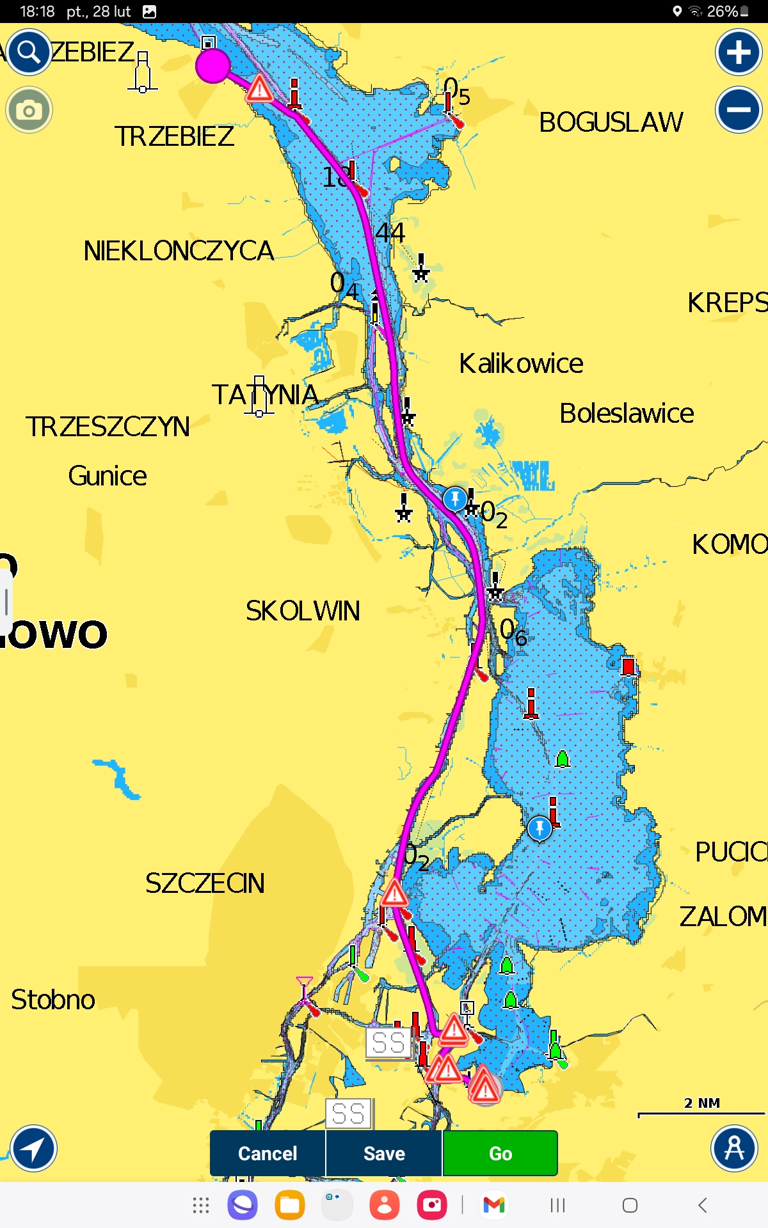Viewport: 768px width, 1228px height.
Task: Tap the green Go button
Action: [500, 1153]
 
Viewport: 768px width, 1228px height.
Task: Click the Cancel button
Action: [268, 1153]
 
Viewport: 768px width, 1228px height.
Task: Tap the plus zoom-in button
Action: [739, 52]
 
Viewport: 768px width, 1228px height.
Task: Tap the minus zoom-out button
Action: [739, 109]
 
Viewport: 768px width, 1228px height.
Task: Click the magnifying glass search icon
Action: [29, 52]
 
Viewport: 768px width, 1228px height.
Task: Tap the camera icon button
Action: [29, 110]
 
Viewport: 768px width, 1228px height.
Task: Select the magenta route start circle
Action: [212, 65]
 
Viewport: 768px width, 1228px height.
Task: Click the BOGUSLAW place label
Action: [611, 122]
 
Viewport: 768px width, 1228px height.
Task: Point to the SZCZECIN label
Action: [205, 883]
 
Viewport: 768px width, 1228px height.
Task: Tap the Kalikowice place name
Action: [521, 363]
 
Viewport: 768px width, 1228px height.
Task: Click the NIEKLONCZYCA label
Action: [179, 251]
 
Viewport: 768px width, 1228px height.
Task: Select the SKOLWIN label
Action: [303, 611]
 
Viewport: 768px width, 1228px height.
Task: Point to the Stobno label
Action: [53, 1000]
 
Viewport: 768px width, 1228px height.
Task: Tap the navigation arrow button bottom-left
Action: [33, 1148]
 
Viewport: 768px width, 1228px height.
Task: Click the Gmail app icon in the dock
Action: [494, 1205]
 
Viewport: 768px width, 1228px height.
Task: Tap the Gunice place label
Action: [108, 476]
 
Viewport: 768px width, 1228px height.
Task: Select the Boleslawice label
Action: [627, 413]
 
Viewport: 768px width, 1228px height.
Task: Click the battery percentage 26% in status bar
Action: [723, 12]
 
